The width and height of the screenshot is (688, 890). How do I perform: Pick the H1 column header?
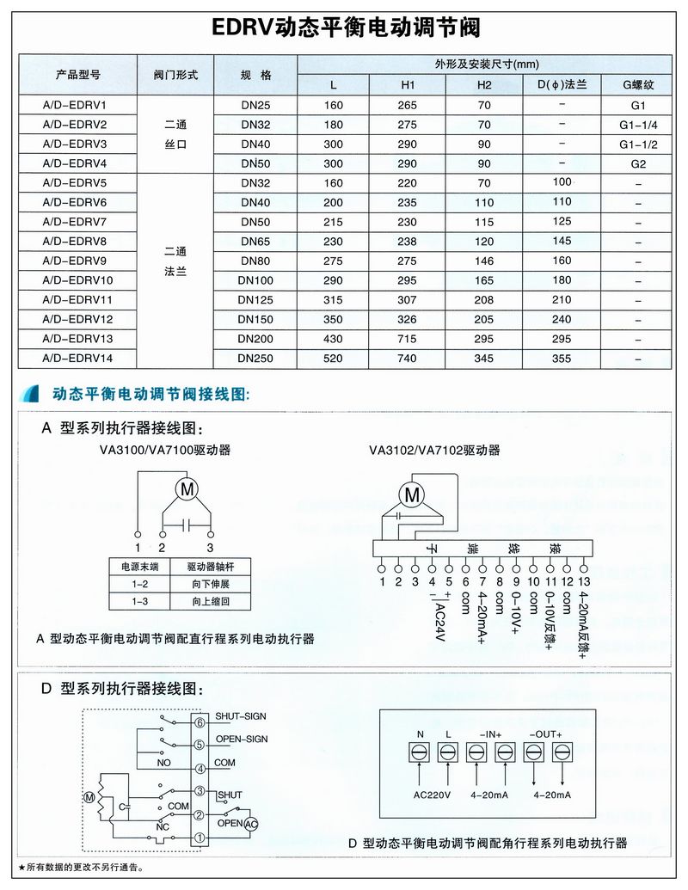(408, 85)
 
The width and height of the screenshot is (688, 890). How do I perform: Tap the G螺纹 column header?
(637, 85)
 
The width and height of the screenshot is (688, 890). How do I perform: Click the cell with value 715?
(408, 339)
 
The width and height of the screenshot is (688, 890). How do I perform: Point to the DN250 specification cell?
(255, 358)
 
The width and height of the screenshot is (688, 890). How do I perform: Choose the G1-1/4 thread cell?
(637, 125)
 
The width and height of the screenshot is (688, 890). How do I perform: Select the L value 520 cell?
(334, 358)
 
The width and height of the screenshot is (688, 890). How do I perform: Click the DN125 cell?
(255, 300)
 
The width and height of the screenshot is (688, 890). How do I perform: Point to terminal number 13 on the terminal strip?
(584, 582)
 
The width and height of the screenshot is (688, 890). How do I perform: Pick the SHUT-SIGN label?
(242, 715)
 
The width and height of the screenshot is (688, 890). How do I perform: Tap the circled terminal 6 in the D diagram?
(200, 722)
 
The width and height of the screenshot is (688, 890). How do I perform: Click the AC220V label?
(433, 795)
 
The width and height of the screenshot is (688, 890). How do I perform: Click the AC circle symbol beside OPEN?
(250, 823)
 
